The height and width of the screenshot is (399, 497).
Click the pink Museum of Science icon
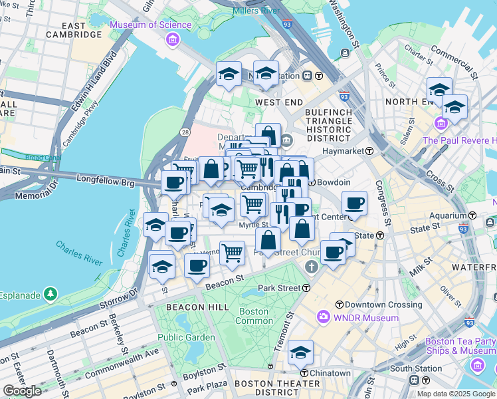(x=173, y=39)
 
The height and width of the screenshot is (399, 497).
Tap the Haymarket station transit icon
(x=369, y=152)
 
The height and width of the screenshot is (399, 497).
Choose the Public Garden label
(x=186, y=337)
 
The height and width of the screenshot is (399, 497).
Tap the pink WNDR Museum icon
(x=324, y=317)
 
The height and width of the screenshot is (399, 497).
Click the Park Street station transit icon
(x=306, y=288)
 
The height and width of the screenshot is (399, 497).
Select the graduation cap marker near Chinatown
(x=300, y=352)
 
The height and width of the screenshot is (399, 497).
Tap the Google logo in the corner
(x=23, y=390)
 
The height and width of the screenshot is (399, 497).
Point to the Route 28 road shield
(x=183, y=134)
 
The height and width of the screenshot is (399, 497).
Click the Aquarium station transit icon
(x=472, y=215)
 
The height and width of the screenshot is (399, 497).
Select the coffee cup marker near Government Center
(x=354, y=203)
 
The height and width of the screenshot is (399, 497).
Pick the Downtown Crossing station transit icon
(x=339, y=305)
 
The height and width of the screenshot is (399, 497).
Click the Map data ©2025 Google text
(x=456, y=394)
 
